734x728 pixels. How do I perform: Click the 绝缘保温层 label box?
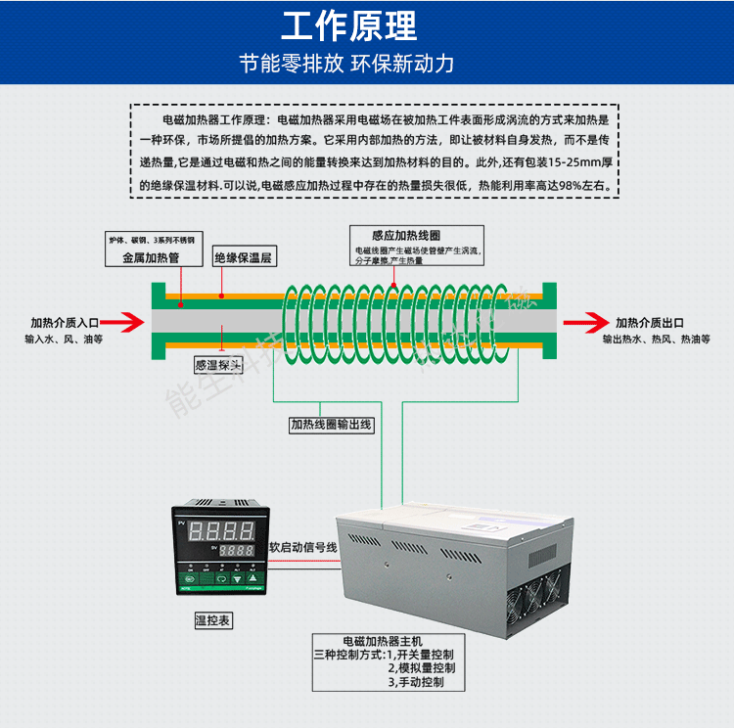pos(244,258)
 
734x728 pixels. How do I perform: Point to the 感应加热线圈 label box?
pos(405,236)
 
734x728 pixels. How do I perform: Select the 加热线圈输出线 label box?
pos(330,426)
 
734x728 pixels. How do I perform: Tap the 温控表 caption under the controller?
pos(213,620)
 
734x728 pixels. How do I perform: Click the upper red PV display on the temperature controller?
pos(221,531)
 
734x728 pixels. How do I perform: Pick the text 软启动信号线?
pos(303,548)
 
